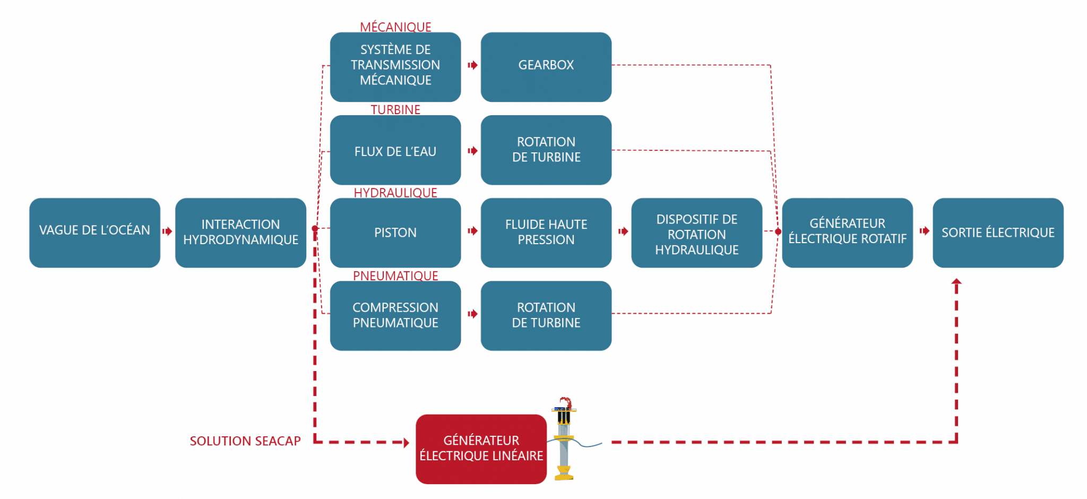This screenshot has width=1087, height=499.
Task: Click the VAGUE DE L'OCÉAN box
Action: (x=94, y=233)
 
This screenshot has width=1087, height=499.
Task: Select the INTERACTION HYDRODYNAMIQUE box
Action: (x=240, y=233)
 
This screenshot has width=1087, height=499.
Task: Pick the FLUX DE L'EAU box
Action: (x=395, y=150)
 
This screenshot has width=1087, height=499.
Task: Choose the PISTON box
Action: (x=395, y=233)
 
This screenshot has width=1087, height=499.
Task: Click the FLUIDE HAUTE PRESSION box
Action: (x=546, y=233)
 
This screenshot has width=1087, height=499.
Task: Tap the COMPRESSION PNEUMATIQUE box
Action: (x=395, y=315)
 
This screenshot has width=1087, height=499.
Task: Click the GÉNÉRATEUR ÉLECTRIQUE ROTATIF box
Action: (x=847, y=233)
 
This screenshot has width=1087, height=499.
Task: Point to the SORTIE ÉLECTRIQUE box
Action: (x=998, y=233)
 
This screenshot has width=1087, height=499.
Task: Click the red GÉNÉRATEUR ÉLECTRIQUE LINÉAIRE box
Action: (x=481, y=449)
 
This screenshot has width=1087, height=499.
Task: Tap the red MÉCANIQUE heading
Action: (x=395, y=27)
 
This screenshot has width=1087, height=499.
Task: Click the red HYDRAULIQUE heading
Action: (x=395, y=192)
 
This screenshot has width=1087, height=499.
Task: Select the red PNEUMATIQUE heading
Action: (x=395, y=276)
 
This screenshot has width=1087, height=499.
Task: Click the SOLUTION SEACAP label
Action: (x=245, y=441)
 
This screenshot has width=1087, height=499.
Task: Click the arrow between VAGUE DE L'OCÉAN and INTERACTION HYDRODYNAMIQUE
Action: (x=167, y=231)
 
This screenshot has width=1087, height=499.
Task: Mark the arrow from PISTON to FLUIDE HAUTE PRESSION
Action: (x=472, y=231)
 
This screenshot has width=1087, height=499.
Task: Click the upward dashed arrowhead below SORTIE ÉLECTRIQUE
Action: (x=956, y=283)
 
